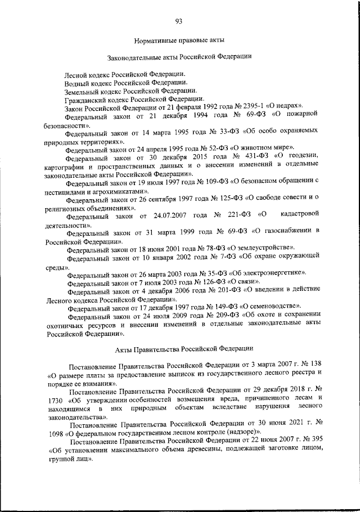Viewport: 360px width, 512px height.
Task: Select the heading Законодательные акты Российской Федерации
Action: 179,57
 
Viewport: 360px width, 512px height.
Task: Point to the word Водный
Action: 77,82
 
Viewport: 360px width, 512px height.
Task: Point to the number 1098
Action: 54,433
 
